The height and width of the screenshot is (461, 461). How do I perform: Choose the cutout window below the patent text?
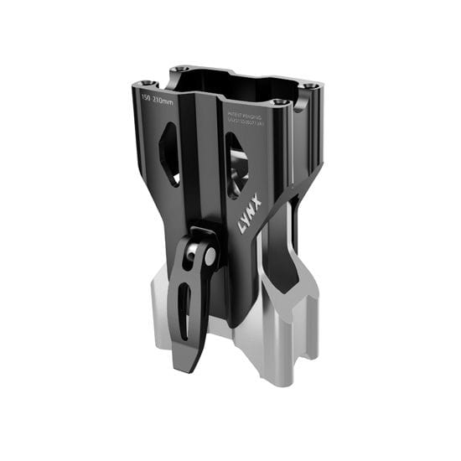[236, 168]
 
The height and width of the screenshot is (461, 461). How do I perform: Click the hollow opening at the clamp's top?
[226, 88]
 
